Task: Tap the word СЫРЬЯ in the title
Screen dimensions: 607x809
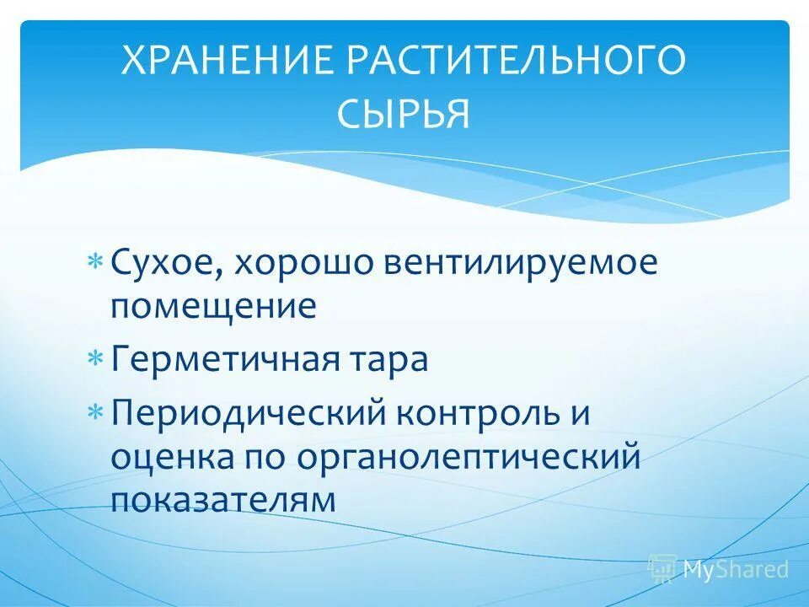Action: click(x=404, y=114)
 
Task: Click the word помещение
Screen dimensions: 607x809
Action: click(x=213, y=305)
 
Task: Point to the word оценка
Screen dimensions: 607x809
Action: click(x=172, y=458)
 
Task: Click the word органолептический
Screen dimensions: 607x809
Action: click(x=468, y=459)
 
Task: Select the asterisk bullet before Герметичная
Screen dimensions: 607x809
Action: click(x=96, y=354)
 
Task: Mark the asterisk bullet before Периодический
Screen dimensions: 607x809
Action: click(x=96, y=410)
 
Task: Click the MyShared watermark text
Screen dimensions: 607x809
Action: click(x=736, y=570)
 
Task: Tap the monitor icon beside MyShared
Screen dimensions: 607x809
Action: click(x=662, y=568)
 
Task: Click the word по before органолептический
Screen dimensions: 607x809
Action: click(x=265, y=458)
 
